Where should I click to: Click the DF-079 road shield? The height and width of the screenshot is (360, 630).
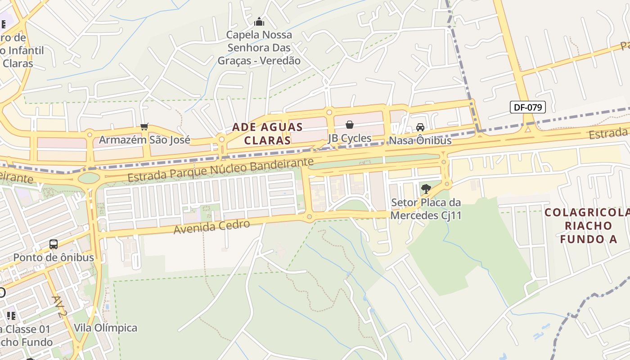pos(527,107)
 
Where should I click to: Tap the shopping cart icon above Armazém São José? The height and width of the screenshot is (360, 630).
pos(144,127)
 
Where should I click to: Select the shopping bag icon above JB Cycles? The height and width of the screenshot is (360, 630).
pos(350,125)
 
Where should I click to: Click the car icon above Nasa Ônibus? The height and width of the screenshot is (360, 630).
pos(420,127)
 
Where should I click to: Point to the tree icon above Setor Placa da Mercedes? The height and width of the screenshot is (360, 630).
pos(426,189)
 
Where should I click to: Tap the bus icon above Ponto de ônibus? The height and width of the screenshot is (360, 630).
pos(54,244)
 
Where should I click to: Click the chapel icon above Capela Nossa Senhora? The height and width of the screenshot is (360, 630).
pos(259,21)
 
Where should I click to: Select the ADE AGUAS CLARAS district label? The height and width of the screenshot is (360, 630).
pos(267,134)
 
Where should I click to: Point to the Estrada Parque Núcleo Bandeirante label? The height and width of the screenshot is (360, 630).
pos(220,170)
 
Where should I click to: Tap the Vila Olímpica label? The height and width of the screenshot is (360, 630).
pos(105,328)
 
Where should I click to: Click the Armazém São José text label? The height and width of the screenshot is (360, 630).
pos(144,140)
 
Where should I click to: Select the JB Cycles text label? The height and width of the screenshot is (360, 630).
pos(350,138)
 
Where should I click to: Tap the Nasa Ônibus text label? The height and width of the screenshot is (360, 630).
pos(420,140)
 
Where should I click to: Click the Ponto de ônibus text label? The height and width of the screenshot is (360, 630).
pos(54,257)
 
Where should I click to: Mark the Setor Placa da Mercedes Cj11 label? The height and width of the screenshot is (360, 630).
pos(426,209)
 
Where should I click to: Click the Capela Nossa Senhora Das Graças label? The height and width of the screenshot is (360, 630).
pos(259,47)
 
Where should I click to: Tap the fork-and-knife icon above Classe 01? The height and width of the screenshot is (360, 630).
pos(11,315)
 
